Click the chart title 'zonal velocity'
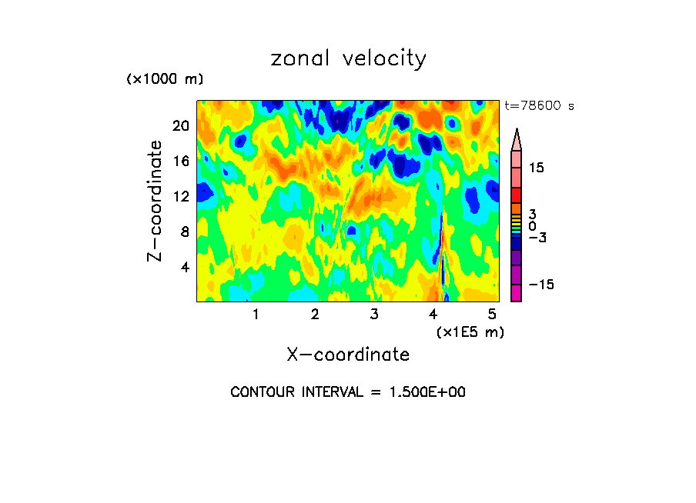click(x=348, y=59)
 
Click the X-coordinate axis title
click(x=348, y=354)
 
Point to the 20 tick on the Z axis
click(x=180, y=125)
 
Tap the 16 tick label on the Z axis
click(x=180, y=161)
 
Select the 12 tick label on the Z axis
click(x=180, y=196)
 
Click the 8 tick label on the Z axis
click(x=184, y=232)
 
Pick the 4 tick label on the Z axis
click(x=184, y=267)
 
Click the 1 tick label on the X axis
click(x=256, y=314)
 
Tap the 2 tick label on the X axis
click(x=315, y=314)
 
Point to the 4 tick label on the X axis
click(x=433, y=314)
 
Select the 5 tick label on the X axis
click(x=492, y=314)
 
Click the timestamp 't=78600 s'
click(x=539, y=106)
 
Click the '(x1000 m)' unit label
click(x=165, y=79)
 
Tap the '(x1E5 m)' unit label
click(x=470, y=331)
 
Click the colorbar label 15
click(x=536, y=168)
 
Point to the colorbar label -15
click(x=540, y=285)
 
